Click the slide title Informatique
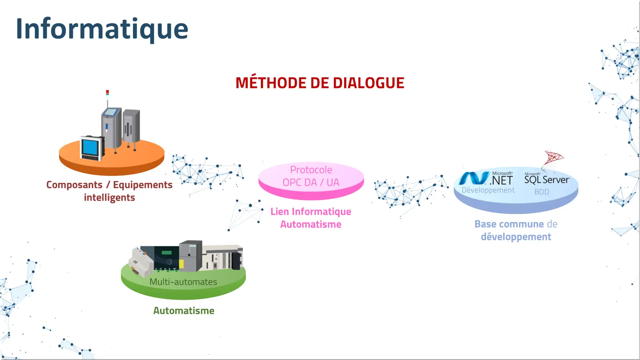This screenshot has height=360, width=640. [x=102, y=29]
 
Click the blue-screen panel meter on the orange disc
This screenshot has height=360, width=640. [x=91, y=147]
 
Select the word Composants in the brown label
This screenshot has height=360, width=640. [x=74, y=185]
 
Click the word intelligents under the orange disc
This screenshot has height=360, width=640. [x=109, y=198]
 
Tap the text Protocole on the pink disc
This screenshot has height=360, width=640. [x=311, y=170]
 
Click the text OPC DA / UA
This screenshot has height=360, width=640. [x=311, y=183]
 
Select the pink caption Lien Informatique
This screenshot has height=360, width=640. [x=311, y=212]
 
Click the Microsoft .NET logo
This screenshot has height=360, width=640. [x=486, y=178]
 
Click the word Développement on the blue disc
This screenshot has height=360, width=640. [x=488, y=190]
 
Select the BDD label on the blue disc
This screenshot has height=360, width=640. [x=541, y=192]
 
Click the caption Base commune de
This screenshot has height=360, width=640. [x=515, y=224]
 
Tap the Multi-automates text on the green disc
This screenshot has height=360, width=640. [x=183, y=282]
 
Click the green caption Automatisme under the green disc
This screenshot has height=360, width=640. [x=184, y=311]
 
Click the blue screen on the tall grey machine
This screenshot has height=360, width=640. [x=110, y=112]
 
